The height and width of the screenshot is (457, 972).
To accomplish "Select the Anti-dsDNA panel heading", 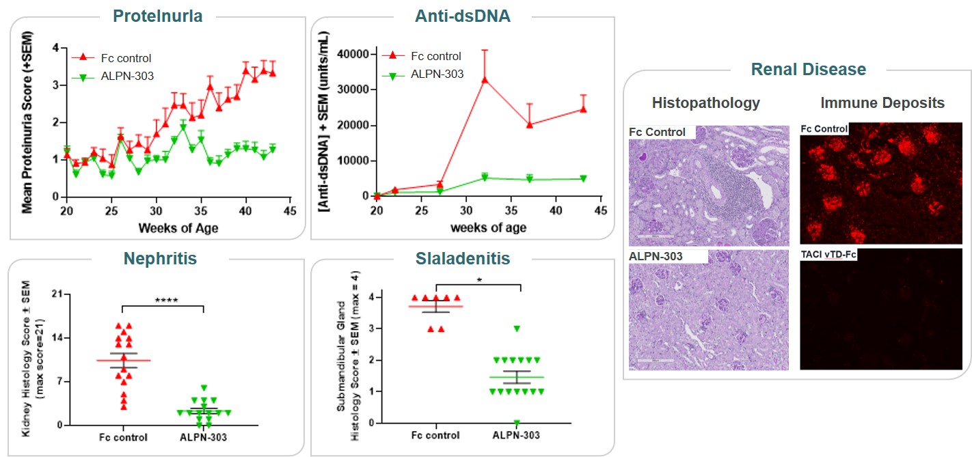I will pos(463,16).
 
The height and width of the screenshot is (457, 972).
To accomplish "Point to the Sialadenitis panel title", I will pos(463,259).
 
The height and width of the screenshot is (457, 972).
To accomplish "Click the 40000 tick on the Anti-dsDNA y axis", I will pos(355,54).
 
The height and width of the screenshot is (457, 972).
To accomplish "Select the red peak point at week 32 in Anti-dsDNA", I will pos(485,79).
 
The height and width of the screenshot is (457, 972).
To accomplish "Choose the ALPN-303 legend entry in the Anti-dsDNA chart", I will pos(437,74).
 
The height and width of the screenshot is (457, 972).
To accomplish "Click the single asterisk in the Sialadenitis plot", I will pos(478,279).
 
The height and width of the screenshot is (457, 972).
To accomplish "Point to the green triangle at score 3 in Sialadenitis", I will pos(517,329).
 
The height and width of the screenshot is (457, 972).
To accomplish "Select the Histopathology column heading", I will pos(705,103).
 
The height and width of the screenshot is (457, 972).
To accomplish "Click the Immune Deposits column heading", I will pos(882,103).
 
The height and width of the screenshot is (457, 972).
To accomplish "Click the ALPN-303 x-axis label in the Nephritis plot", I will pos(204,437).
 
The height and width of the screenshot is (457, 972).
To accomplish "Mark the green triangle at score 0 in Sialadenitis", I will pos(517,423).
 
